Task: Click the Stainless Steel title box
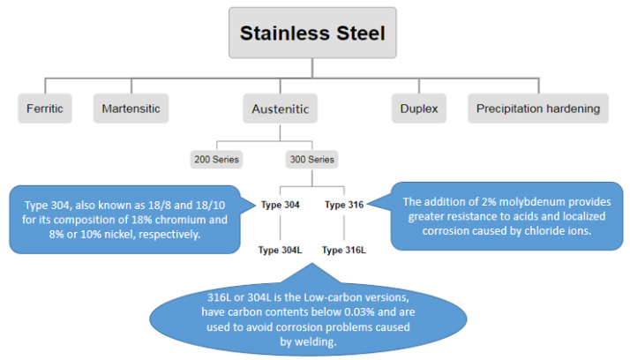point(312,33)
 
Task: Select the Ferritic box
point(45,109)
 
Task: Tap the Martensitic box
point(131,109)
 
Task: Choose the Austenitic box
point(280,109)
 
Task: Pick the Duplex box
point(419,109)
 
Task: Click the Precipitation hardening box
point(538,109)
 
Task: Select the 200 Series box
point(216,160)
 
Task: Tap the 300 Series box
point(312,160)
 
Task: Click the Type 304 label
point(280,205)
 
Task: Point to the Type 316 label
point(344,205)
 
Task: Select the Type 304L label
point(280,250)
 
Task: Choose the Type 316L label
point(344,250)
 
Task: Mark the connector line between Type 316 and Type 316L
point(344,228)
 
